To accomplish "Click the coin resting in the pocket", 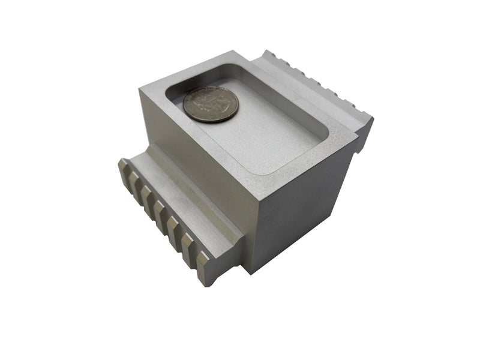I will (x=211, y=104).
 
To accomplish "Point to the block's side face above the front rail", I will (x=192, y=162).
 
